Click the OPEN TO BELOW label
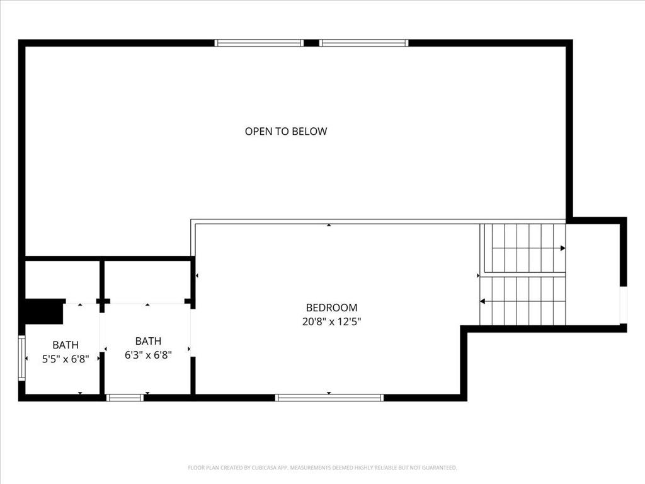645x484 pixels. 286,132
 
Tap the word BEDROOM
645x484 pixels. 331,308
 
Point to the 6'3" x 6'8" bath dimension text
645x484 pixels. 148,355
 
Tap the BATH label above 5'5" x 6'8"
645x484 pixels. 66,345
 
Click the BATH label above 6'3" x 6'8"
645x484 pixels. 148,341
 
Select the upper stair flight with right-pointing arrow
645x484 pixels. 523,248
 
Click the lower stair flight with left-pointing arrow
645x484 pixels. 523,301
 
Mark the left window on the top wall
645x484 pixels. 259,43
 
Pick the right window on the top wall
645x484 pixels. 364,43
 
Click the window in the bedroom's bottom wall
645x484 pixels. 329,398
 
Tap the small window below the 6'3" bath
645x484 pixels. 125,398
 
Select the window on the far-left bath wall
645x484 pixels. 21,358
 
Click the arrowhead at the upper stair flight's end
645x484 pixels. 562,248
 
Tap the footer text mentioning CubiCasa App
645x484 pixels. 322,468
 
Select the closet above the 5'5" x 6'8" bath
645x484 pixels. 62,279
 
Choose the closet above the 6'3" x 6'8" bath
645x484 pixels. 147,279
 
